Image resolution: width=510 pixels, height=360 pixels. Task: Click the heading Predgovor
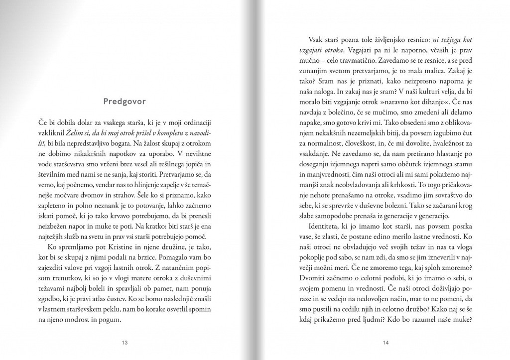pos(125,102)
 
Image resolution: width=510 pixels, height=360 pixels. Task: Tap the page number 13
pos(125,342)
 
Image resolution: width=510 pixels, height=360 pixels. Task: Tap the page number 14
pos(385,342)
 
